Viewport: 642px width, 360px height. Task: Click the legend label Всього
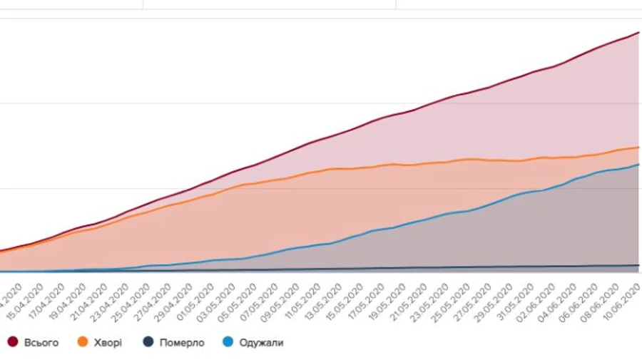[41, 343]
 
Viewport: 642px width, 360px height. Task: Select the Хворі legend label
[107, 343]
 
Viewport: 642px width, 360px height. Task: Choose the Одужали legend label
[261, 343]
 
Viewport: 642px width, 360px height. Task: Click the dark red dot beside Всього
[13, 343]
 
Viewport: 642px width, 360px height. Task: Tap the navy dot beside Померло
[148, 343]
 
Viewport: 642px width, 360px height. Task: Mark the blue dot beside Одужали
[227, 343]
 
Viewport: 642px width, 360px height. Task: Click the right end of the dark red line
[638, 32]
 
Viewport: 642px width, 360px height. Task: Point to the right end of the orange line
[638, 147]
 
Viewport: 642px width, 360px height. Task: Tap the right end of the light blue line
[638, 165]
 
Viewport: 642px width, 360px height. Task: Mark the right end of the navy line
[638, 266]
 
